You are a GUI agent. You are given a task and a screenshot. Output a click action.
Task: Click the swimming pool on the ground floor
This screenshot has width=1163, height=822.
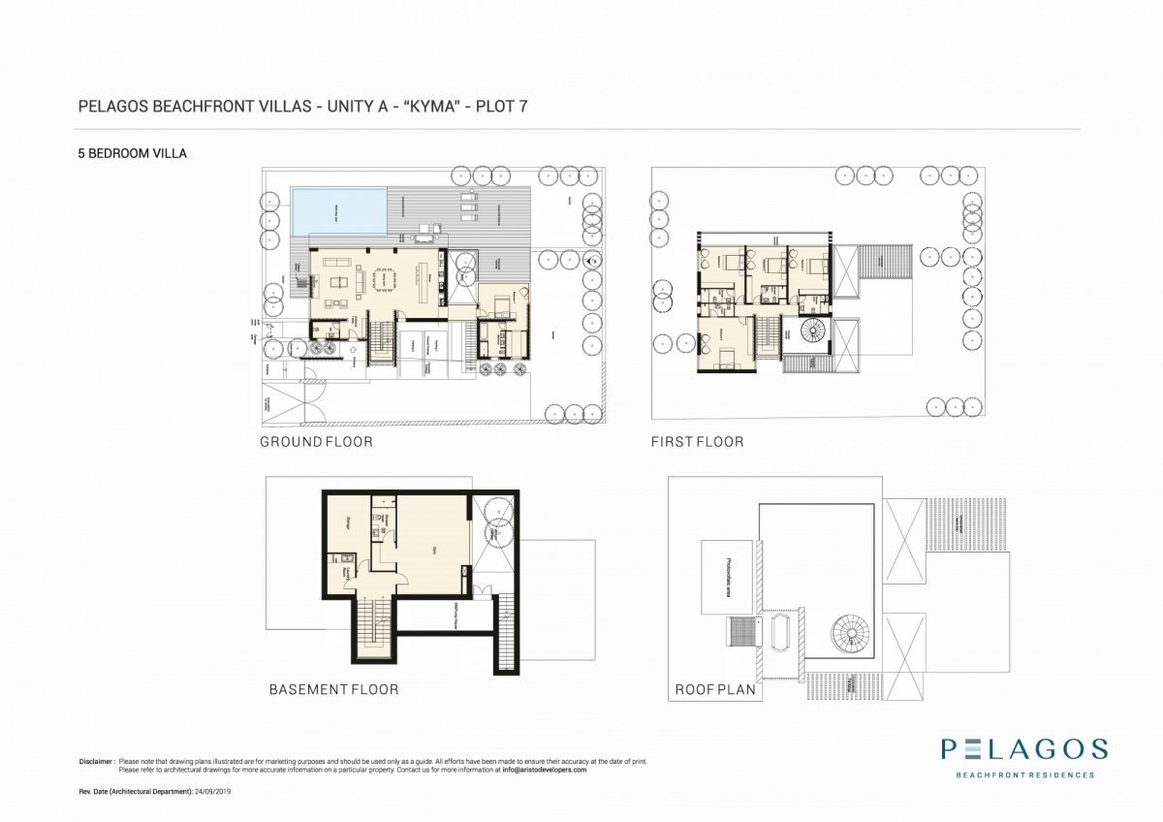(x=338, y=210)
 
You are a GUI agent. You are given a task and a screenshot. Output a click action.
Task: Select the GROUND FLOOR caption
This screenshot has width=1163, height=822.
(x=316, y=442)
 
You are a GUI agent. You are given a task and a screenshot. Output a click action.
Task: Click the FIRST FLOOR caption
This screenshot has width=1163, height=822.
(x=698, y=442)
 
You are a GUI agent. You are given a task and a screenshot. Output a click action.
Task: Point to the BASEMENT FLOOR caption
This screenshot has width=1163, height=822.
(x=333, y=690)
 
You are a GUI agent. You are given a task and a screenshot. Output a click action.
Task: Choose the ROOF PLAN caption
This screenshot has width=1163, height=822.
(x=715, y=691)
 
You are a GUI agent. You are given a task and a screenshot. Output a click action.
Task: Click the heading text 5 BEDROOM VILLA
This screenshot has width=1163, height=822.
(x=131, y=153)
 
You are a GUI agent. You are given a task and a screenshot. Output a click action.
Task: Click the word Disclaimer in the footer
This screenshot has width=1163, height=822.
(x=97, y=762)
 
